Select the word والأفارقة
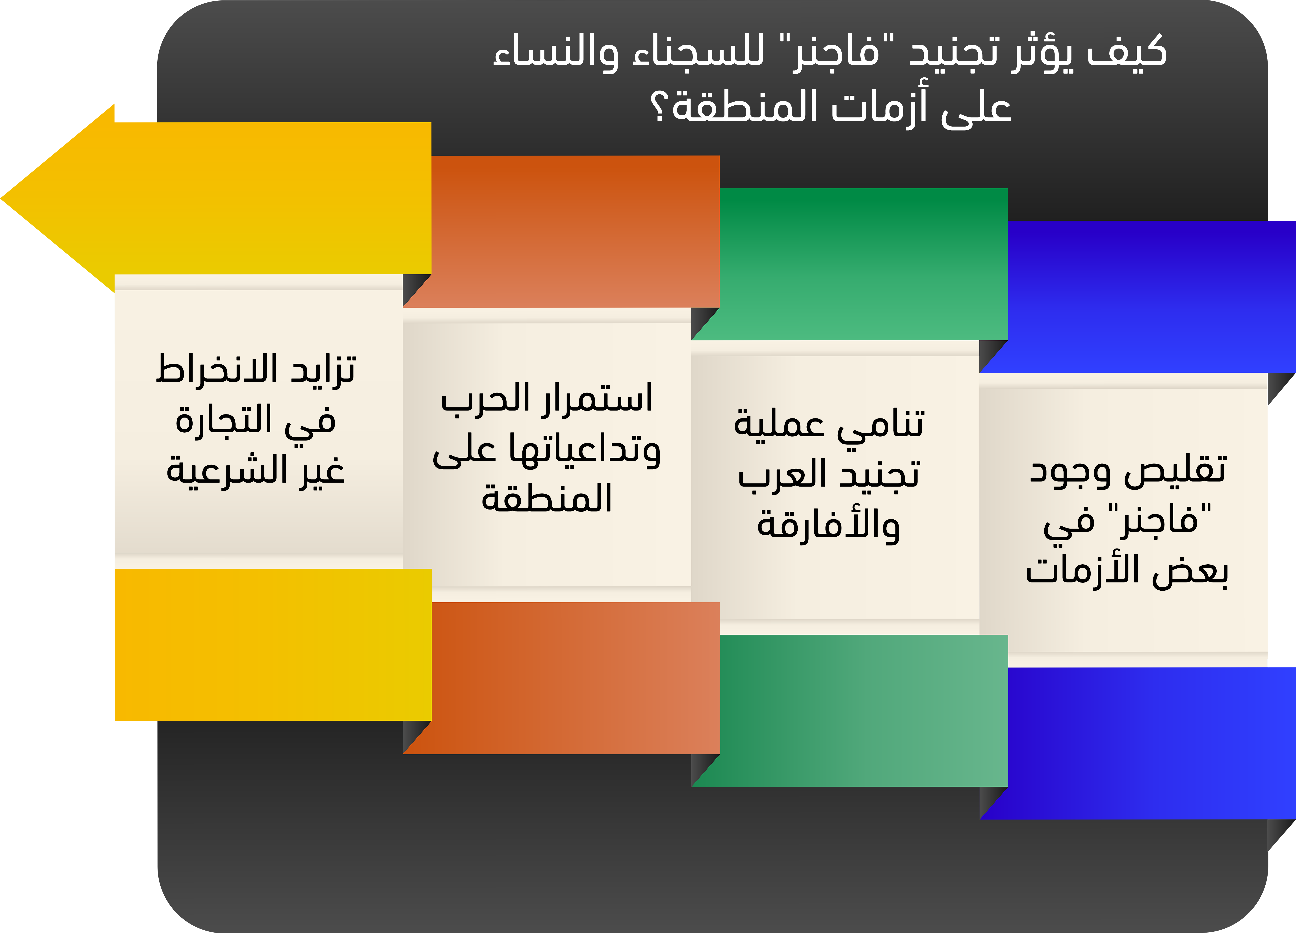coord(829,525)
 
